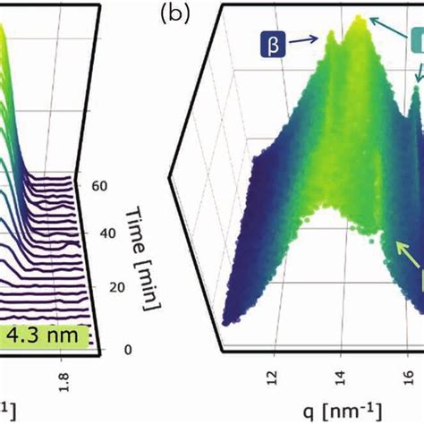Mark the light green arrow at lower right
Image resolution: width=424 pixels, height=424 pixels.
point(395,267)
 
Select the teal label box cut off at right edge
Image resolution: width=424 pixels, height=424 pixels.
point(416,45)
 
